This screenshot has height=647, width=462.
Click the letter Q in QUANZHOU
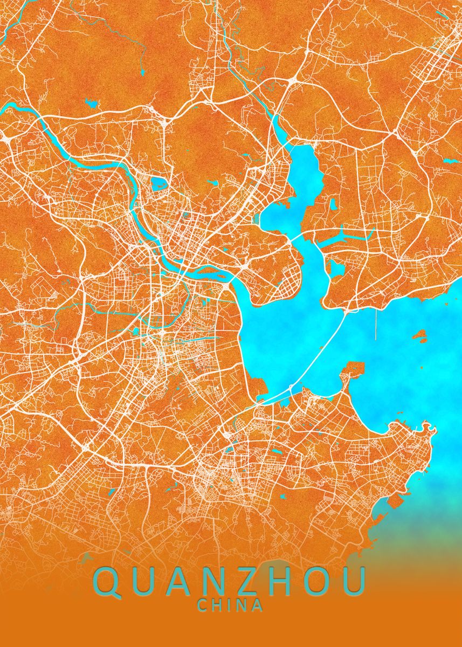pyautogui.click(x=108, y=581)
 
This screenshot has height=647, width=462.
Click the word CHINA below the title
pyautogui.click(x=231, y=605)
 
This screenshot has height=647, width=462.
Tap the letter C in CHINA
pyautogui.click(x=203, y=605)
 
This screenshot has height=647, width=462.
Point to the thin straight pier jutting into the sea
pyautogui.click(x=375, y=323)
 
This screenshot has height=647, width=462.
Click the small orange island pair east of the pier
pyautogui.click(x=419, y=337)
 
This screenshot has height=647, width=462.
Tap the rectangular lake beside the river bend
pyautogui.click(x=159, y=185)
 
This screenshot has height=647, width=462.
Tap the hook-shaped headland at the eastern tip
pyautogui.click(x=429, y=429)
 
